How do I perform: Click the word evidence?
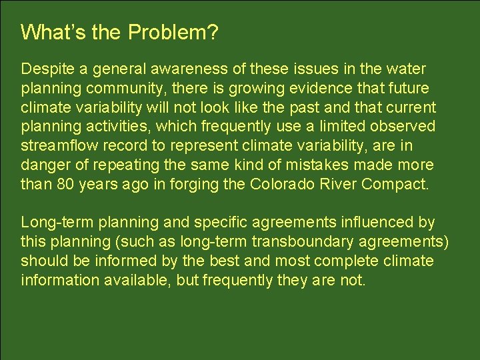point(311,89)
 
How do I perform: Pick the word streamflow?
point(62,146)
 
